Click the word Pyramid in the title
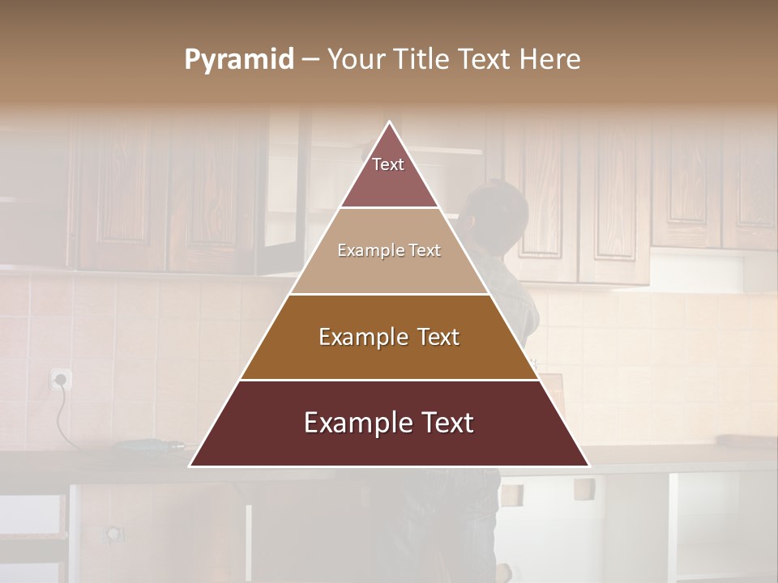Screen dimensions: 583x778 point(239,60)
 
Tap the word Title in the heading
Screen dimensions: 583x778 point(424,60)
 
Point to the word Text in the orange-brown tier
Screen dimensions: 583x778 point(437,337)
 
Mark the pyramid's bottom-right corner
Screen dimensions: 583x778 point(588,466)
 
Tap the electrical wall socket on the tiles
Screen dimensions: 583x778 point(61,379)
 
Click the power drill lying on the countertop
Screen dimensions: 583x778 point(150,445)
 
